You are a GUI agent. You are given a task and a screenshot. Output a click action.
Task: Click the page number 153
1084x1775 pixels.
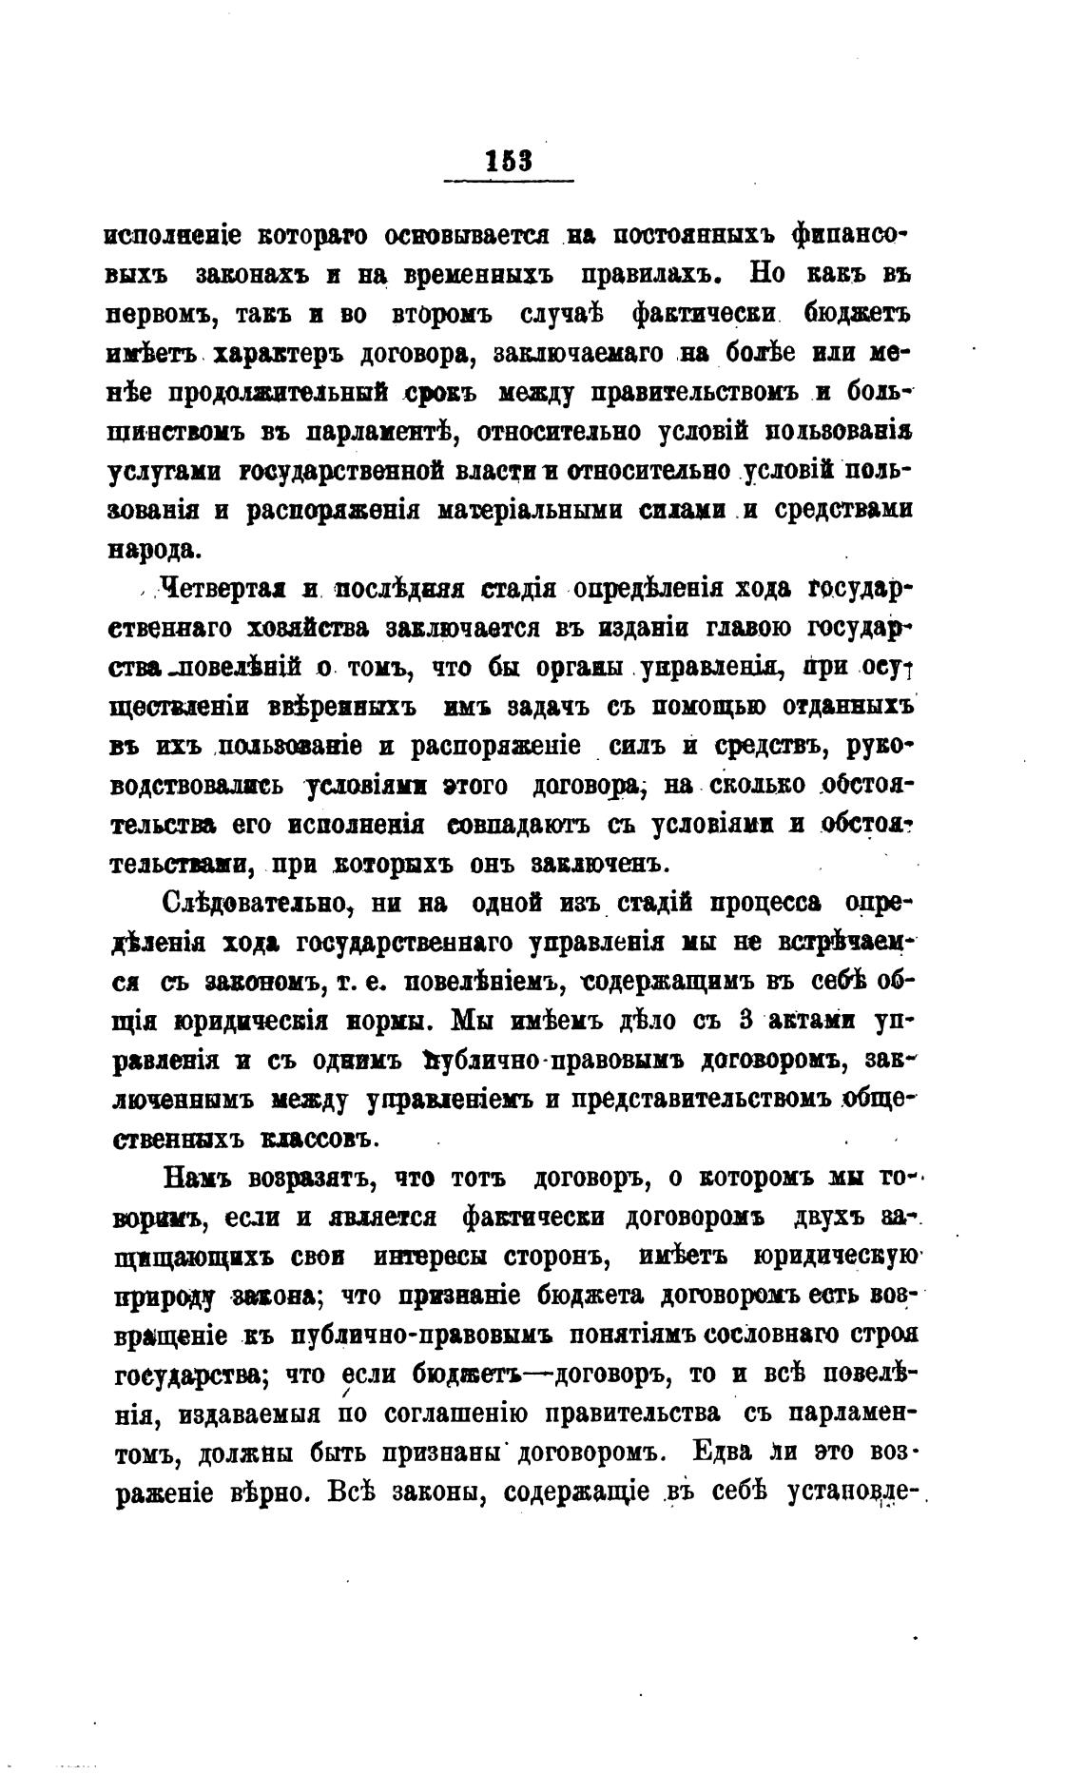[509, 159]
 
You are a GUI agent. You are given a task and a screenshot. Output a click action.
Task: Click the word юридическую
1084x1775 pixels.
[832, 1257]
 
